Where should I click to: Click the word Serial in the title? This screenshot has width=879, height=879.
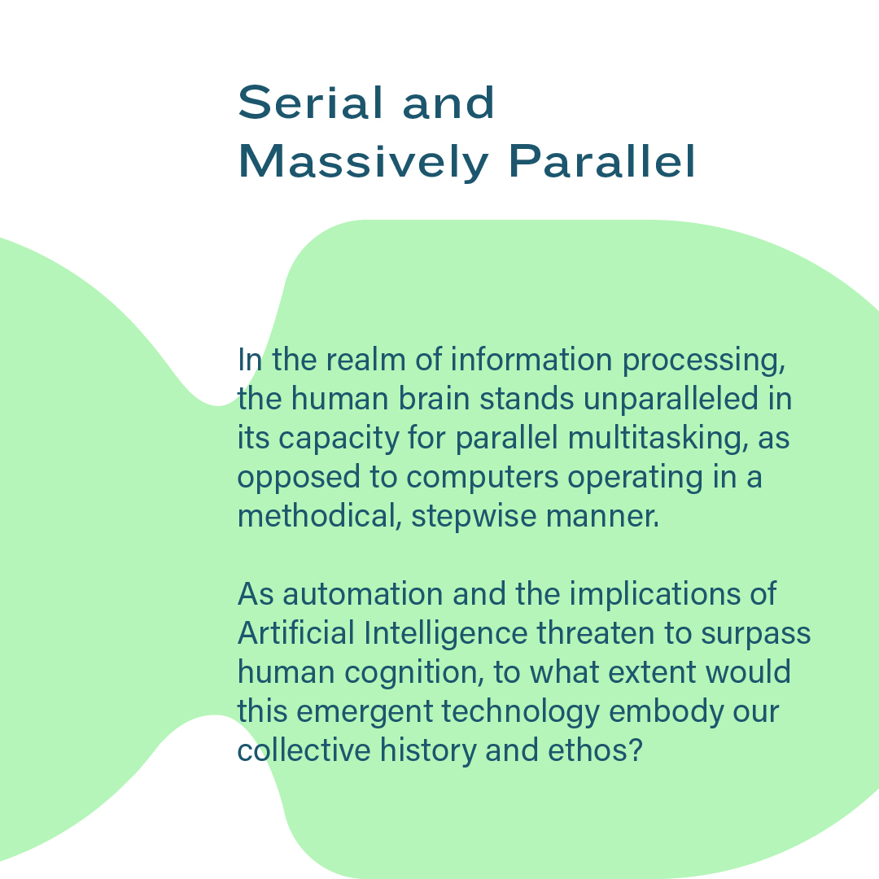[311, 103]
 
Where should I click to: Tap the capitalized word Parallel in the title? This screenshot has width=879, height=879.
[602, 161]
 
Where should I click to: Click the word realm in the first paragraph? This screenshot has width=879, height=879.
[365, 360]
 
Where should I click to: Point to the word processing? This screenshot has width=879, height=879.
[704, 361]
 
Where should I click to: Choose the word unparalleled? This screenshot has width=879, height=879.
[671, 400]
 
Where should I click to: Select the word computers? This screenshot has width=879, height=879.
[482, 479]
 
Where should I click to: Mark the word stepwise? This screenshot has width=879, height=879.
[474, 518]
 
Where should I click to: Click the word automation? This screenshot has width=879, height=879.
[363, 594]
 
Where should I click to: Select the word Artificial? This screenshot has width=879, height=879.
[296, 633]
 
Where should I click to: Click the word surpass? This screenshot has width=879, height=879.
[755, 635]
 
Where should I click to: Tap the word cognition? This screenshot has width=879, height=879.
[414, 673]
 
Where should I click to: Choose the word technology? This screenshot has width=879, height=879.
[521, 712]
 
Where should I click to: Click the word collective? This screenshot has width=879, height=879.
[304, 750]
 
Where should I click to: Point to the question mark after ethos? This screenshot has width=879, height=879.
[636, 750]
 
